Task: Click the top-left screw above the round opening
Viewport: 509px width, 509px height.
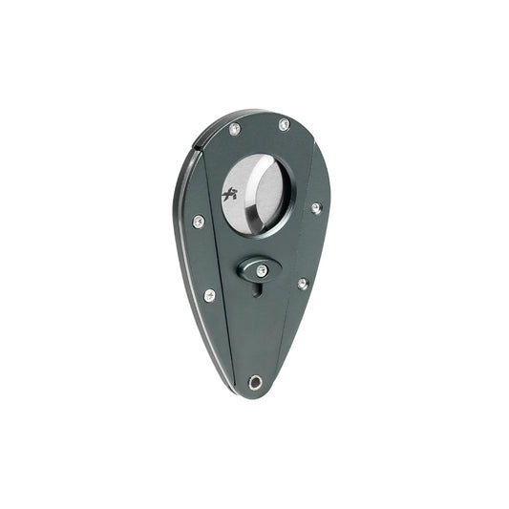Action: click(235, 128)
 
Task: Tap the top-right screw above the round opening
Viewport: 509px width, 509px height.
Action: click(284, 124)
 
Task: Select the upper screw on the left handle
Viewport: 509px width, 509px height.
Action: click(199, 222)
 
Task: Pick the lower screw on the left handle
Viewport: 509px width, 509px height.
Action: click(209, 294)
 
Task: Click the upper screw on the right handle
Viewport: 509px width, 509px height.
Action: click(315, 207)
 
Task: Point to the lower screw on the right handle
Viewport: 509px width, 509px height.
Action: click(302, 284)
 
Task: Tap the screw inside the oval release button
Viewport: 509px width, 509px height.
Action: click(261, 271)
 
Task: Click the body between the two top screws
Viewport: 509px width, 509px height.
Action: click(260, 129)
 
